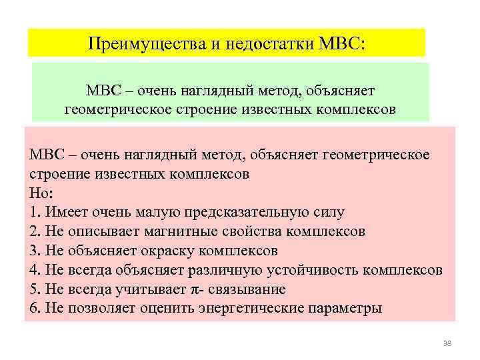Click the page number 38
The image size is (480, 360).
[x=447, y=343]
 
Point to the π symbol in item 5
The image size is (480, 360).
[x=195, y=289]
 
